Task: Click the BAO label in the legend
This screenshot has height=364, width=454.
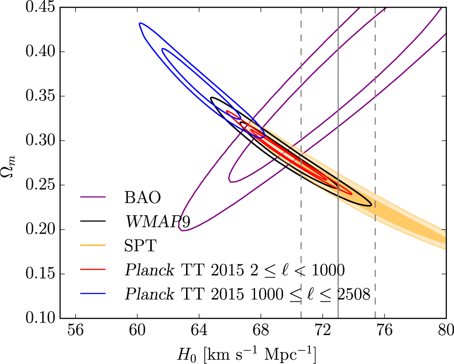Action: pyautogui.click(x=142, y=197)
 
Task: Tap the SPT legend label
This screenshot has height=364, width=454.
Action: pyautogui.click(x=140, y=246)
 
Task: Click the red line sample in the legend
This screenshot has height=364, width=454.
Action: pyautogui.click(x=93, y=270)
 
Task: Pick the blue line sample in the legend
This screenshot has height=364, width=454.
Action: pyautogui.click(x=93, y=294)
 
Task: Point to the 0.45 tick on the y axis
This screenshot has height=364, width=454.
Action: pyautogui.click(x=41, y=8)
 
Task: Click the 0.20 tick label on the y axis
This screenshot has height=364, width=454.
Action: pyautogui.click(x=41, y=230)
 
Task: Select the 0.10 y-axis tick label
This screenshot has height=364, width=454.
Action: pyautogui.click(x=41, y=319)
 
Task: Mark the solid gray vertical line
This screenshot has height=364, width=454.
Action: pyautogui.click(x=338, y=267)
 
